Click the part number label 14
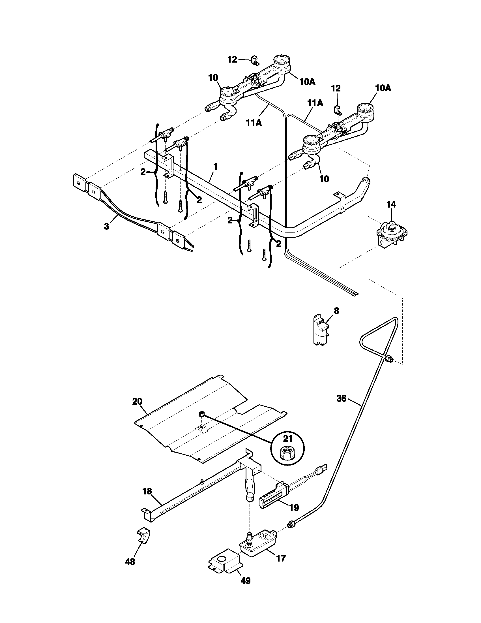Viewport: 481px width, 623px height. coord(391,204)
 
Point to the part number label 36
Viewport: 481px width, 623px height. coord(342,398)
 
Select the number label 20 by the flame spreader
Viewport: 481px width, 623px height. coord(137,401)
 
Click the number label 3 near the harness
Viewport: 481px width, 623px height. coord(106,227)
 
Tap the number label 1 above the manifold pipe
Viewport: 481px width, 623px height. coord(215,167)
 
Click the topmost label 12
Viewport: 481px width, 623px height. coord(232,59)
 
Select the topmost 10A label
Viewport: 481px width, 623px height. coord(308,82)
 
